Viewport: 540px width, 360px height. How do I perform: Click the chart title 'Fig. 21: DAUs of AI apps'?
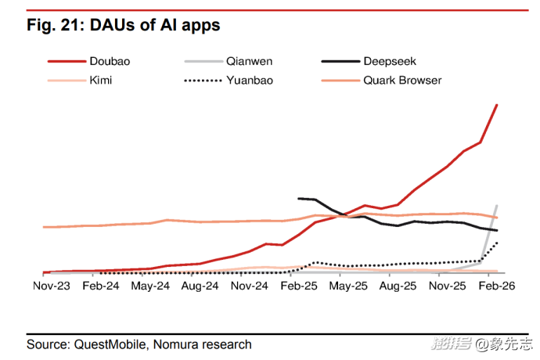(124, 26)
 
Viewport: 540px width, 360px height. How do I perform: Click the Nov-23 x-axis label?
(51, 286)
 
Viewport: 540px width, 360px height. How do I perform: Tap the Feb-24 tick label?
(100, 286)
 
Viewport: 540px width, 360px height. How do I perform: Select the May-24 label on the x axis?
(150, 286)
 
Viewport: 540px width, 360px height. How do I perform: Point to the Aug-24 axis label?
(200, 286)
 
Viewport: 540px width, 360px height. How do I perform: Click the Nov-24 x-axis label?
(250, 286)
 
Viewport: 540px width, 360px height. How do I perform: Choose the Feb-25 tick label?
(299, 286)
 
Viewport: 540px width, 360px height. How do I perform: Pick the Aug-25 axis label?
(398, 286)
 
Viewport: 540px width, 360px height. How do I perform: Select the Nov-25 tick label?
(448, 286)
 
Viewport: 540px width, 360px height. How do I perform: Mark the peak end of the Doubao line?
(498, 105)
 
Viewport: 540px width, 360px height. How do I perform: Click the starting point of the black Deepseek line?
(299, 199)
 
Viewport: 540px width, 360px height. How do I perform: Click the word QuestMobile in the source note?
(109, 344)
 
